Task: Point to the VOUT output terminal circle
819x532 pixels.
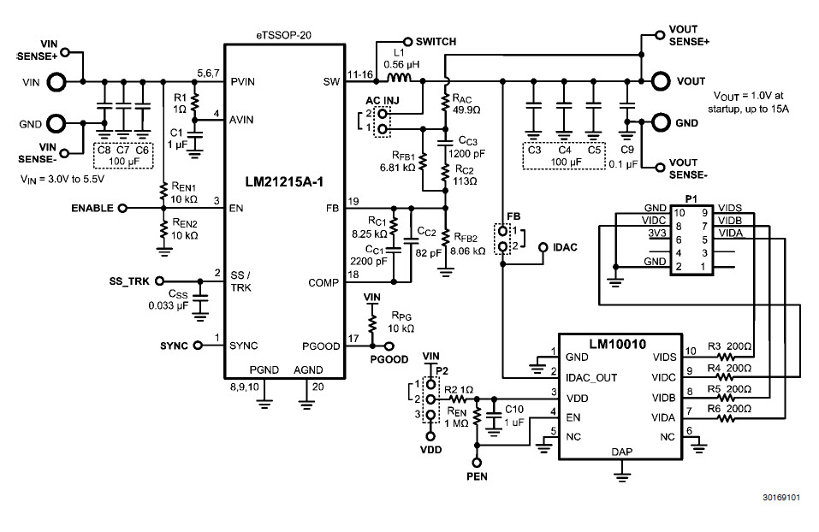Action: [660, 81]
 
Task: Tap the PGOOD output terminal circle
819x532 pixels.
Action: [389, 346]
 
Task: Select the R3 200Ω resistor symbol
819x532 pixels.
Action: [727, 357]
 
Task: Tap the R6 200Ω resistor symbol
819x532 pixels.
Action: [727, 417]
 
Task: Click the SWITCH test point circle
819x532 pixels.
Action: [407, 41]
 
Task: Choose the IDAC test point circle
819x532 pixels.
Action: [543, 248]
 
